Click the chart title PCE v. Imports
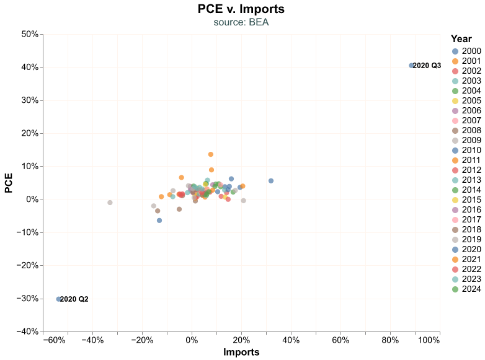click(x=241, y=9)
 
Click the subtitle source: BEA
click(x=241, y=22)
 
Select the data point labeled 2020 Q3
click(x=411, y=66)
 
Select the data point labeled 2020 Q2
click(x=59, y=299)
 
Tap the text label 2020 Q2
click(x=74, y=299)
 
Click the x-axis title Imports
click(x=241, y=352)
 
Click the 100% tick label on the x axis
click(x=429, y=340)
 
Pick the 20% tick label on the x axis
click(x=241, y=340)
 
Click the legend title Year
click(x=461, y=38)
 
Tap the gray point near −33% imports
click(x=110, y=203)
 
